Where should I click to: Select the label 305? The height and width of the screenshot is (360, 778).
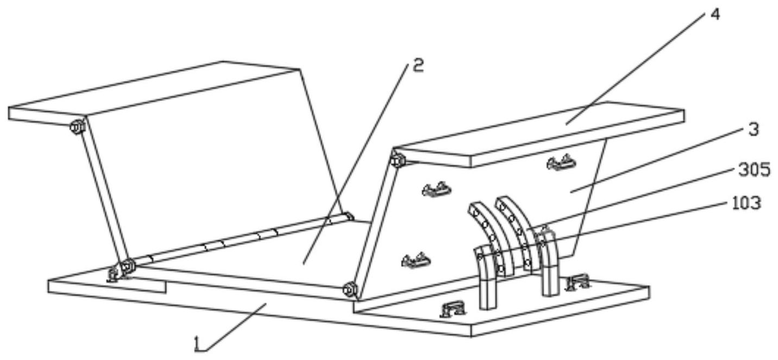click(x=754, y=170)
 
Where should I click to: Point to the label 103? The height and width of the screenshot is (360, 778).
click(x=745, y=204)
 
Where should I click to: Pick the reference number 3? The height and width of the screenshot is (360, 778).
click(x=753, y=130)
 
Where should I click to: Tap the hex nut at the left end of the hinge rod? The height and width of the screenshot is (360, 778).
click(x=128, y=266)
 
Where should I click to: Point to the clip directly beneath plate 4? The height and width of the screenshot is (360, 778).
click(x=561, y=162)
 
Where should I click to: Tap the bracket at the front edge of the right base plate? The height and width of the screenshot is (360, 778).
click(x=453, y=310)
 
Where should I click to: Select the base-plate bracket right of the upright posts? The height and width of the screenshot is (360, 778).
click(x=578, y=282)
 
